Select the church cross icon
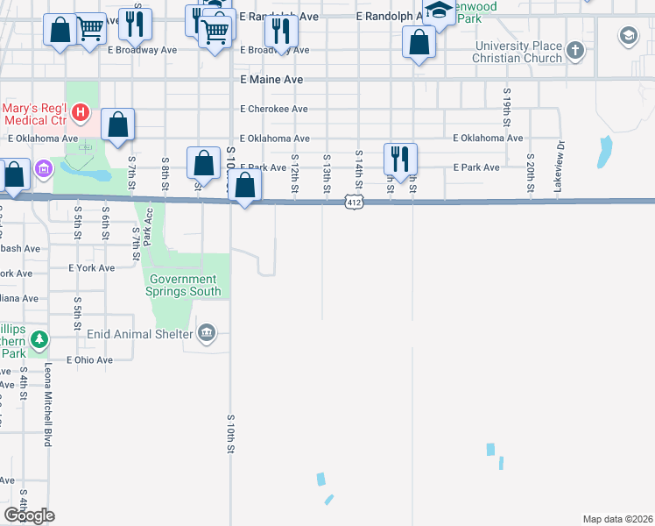pos(574,50)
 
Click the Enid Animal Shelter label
pos(139,334)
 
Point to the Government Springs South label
pos(182,285)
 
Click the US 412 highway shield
pos(353,203)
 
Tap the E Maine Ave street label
pos(271,79)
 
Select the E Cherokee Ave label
pos(274,109)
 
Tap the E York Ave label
pos(91,267)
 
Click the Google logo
pos(30,515)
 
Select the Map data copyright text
pos(617,518)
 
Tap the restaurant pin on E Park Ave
pos(399,159)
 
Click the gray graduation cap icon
pos(628,36)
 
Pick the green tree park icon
pos(39,338)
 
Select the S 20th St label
pos(531,177)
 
